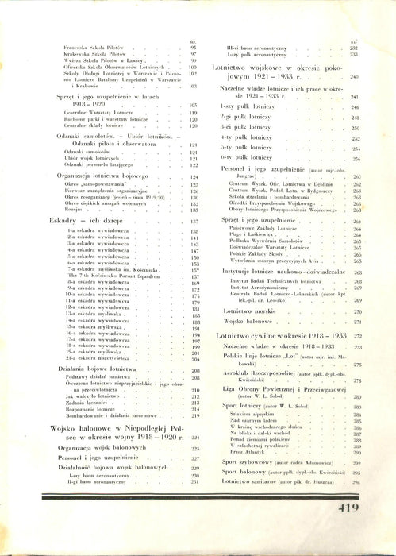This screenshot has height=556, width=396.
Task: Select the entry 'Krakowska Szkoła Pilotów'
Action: tap(90, 55)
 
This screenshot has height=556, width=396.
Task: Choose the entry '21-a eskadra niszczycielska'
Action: tap(98, 359)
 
